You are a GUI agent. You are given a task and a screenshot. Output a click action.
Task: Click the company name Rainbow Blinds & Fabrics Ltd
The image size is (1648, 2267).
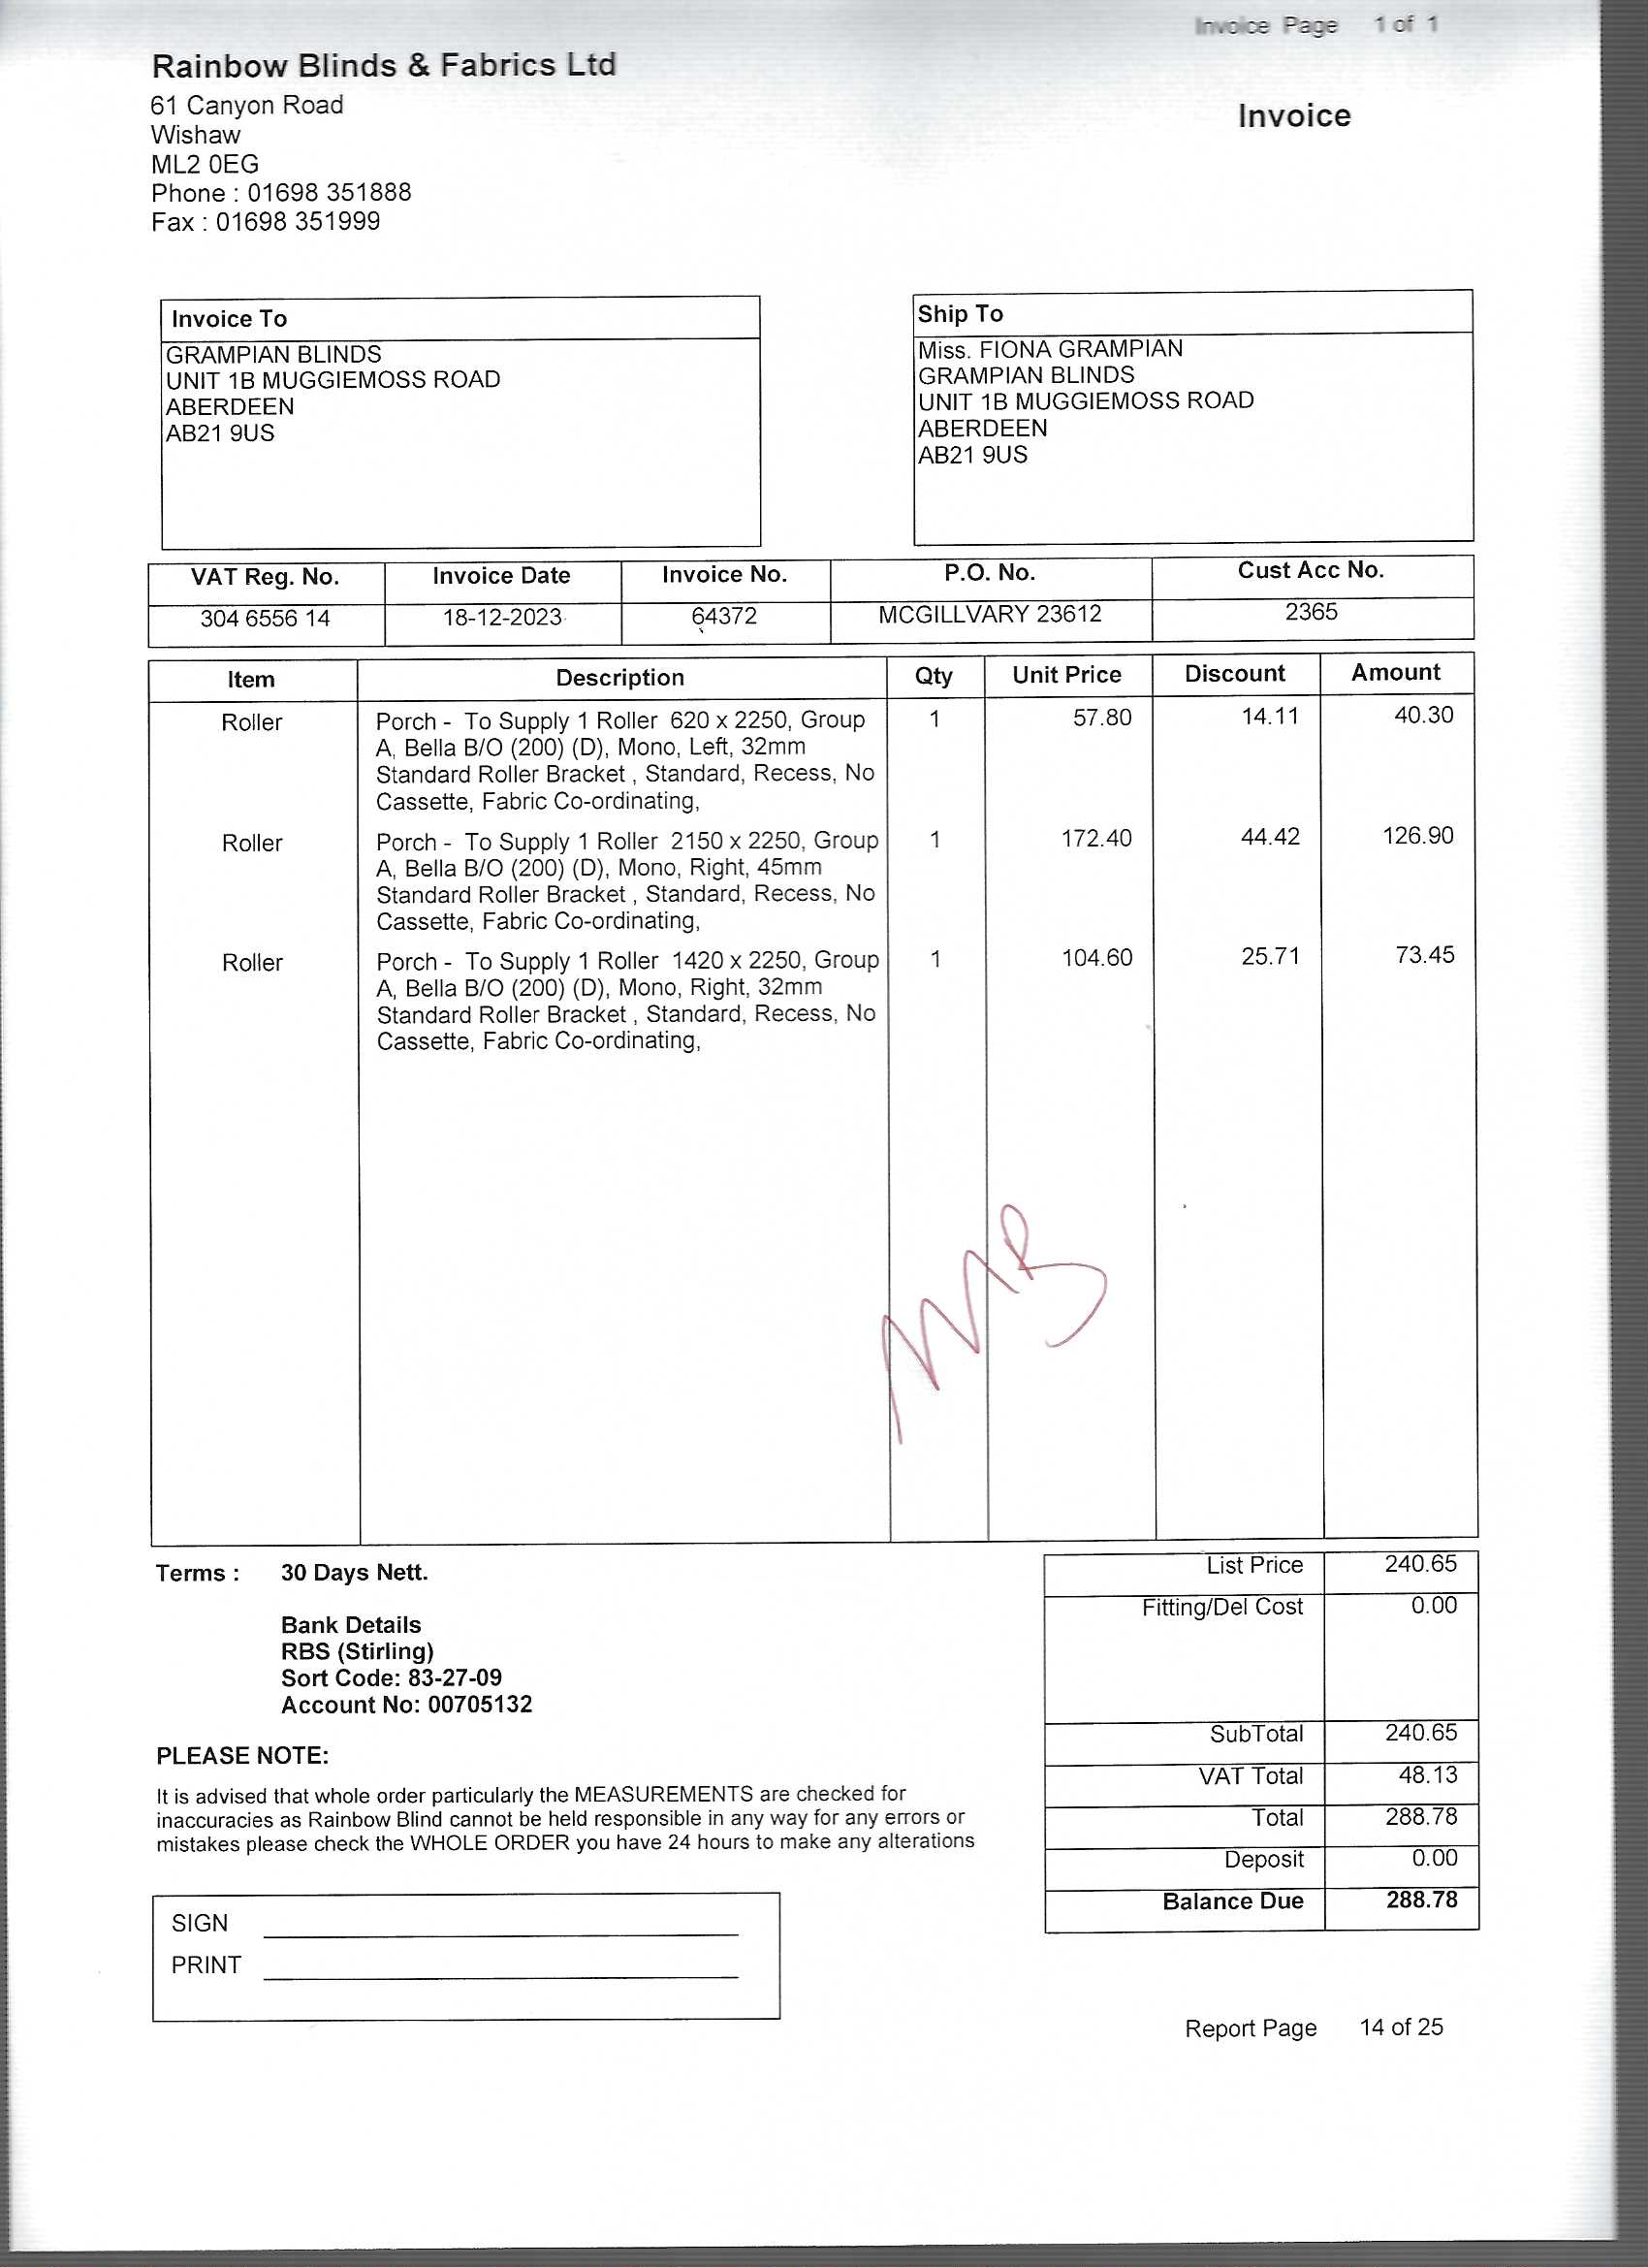384,66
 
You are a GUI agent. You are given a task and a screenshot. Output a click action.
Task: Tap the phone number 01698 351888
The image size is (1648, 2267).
329,193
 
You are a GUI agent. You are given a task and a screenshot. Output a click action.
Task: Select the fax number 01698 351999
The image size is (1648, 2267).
298,222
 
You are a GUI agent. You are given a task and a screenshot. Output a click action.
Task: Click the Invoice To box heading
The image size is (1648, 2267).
229,319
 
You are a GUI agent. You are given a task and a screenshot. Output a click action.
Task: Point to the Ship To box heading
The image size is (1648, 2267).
961,314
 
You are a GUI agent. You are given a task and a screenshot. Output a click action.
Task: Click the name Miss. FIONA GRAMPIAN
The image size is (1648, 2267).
1051,349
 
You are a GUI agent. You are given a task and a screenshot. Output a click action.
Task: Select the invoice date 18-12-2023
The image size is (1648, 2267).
502,618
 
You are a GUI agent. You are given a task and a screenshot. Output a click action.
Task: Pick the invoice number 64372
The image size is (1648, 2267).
724,616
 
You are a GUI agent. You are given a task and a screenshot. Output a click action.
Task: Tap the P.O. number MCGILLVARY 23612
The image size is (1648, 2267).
990,614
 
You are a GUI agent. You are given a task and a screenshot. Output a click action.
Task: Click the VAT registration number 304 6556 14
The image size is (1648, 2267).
265,619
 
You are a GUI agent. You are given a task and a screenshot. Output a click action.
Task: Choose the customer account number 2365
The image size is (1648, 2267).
1311,612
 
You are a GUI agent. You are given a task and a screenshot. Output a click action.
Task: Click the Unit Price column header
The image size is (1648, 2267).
1066,675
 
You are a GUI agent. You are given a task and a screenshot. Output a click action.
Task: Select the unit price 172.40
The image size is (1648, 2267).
1096,838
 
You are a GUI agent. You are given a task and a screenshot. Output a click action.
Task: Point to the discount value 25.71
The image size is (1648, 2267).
1270,957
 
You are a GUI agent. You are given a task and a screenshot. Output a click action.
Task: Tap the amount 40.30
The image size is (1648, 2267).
1423,715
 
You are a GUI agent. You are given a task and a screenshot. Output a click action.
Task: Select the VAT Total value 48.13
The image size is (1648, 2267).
1427,1774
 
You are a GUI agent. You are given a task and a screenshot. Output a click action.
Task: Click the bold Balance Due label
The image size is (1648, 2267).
1232,1900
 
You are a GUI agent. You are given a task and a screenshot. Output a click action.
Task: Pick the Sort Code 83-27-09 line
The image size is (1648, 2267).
391,1677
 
